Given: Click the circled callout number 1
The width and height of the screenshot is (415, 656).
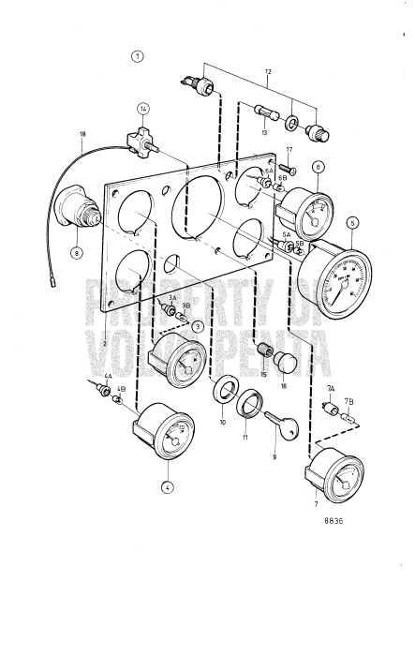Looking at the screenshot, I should click(138, 55).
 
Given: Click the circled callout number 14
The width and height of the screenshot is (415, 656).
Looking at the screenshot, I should click(143, 109).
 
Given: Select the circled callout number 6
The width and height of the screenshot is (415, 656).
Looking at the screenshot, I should click(319, 167).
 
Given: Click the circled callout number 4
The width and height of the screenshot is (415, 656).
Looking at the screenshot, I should click(167, 486).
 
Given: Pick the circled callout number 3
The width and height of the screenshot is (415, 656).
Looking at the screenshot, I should click(199, 325).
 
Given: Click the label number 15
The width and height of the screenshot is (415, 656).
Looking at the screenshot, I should click(264, 374).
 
